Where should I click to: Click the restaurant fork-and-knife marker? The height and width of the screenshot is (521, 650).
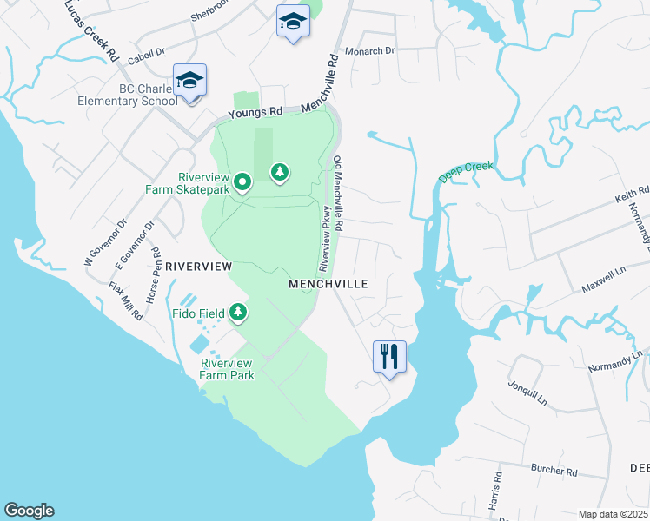[389, 355]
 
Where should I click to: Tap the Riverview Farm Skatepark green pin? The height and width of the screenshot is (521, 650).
[242, 182]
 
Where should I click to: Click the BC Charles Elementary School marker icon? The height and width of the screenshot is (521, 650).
[189, 81]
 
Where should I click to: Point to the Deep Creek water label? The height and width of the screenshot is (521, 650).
[467, 172]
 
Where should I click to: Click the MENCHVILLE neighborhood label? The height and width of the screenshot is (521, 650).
[328, 284]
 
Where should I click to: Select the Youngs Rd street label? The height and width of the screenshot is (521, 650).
[256, 113]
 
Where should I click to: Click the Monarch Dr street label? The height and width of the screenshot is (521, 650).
[370, 51]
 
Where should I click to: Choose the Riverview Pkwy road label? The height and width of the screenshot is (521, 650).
[327, 236]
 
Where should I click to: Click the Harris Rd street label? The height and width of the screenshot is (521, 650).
[494, 491]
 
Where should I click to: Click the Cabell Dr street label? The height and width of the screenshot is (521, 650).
[146, 57]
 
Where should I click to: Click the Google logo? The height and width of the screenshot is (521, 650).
[29, 511]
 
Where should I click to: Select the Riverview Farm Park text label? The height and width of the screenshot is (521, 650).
[227, 369]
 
